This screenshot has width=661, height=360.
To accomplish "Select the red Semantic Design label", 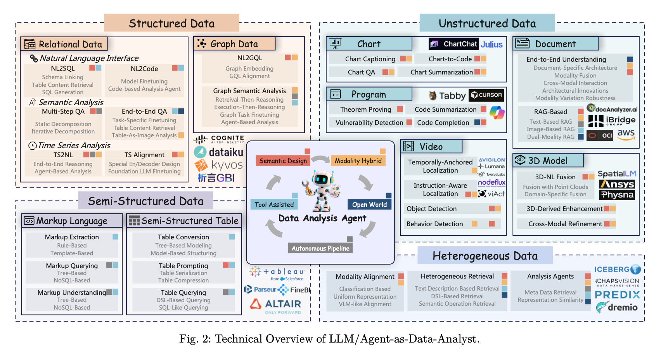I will point(283,161).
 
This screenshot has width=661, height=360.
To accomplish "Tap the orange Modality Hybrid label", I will point(358,161).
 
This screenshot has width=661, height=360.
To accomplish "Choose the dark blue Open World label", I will point(369,204).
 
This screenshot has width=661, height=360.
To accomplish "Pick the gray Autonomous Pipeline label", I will point(320,248).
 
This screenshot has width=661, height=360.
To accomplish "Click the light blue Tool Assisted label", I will point(274,204).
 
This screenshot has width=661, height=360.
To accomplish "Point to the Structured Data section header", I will point(171,23).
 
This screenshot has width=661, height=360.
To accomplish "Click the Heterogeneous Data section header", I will point(485,256).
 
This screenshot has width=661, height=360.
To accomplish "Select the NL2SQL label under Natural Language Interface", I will point(63,69).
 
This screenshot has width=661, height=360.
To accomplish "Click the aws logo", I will point(626,134).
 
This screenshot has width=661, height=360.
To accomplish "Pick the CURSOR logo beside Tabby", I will point(486,95).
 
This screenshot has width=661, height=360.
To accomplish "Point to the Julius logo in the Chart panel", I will point(491,44).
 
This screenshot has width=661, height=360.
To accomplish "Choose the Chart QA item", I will point(361,72).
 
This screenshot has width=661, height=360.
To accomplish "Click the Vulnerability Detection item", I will point(369,123).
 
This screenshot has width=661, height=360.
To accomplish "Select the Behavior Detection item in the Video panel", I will point(434,224).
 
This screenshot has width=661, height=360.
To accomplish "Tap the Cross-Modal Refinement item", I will point(565,224).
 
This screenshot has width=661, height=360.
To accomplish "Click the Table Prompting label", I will point(183,266).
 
